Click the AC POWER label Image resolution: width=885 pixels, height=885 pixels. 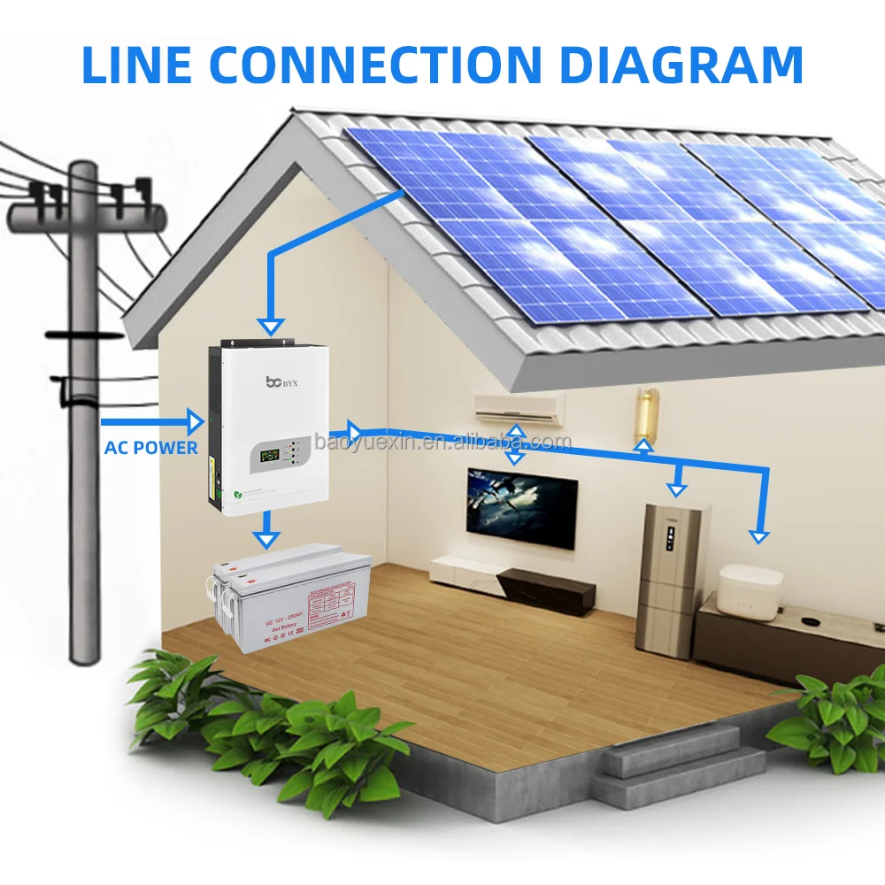point(151,448)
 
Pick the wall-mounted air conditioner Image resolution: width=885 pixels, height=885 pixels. point(519,406)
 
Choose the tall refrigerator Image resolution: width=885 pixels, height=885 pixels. point(673,580)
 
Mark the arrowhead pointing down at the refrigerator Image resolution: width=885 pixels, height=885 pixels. point(677,489)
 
